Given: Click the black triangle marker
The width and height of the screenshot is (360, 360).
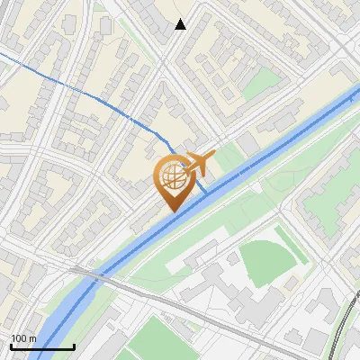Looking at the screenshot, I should point(180,24).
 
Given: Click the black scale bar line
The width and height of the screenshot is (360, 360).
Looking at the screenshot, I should point(41,347).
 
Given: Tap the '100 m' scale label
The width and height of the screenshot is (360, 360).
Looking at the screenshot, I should point(24,338).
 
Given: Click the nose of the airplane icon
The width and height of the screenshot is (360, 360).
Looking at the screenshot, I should point(214,157).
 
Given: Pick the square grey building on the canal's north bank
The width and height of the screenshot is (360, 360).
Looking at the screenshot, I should point(247,144).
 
